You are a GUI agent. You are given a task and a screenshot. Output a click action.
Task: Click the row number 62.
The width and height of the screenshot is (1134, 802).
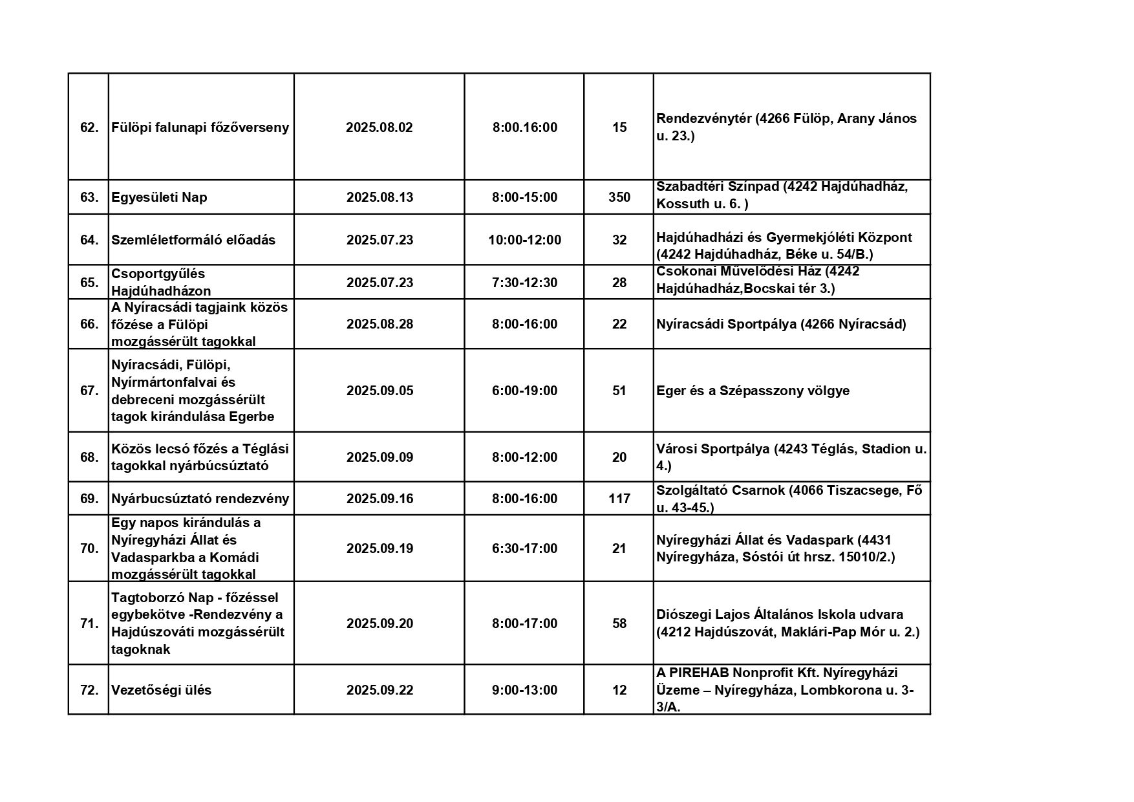(89, 127)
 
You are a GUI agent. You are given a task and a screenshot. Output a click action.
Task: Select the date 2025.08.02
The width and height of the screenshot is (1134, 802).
(379, 127)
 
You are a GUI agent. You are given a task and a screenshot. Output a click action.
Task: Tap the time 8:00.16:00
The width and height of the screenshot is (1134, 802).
(524, 127)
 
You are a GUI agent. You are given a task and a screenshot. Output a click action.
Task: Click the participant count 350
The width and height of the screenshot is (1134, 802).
(619, 197)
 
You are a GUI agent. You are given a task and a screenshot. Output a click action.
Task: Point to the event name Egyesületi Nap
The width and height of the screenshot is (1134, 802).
(159, 197)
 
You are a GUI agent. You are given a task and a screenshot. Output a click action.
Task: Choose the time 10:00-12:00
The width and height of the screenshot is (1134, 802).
(524, 240)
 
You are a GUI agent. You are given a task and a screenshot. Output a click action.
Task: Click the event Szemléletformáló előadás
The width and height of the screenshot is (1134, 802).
(193, 240)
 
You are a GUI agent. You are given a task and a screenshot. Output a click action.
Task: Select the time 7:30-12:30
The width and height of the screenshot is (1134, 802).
(524, 283)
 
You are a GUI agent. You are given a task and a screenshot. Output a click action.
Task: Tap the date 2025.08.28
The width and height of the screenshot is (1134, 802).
(379, 324)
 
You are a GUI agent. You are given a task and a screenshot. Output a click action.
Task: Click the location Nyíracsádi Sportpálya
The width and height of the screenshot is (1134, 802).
(726, 324)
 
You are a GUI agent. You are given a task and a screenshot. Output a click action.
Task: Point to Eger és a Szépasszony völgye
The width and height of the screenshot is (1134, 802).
(753, 391)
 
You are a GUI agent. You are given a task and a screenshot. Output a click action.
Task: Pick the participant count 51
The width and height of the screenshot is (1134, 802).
(619, 391)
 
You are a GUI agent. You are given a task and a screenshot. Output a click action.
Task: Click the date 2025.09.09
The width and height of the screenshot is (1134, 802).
(379, 457)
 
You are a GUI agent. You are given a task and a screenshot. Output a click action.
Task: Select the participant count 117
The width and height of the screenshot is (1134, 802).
(619, 499)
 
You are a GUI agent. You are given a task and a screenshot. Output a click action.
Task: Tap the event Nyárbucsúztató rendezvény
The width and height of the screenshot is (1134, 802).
(200, 499)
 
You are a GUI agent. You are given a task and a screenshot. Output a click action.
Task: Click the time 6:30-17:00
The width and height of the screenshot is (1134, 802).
(524, 548)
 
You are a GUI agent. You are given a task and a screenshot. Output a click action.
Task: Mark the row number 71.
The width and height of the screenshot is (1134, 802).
(89, 623)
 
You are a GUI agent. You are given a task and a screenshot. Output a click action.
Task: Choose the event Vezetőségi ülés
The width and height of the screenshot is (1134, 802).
(161, 690)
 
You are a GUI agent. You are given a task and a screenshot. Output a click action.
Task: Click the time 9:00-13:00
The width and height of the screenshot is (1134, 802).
(524, 690)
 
